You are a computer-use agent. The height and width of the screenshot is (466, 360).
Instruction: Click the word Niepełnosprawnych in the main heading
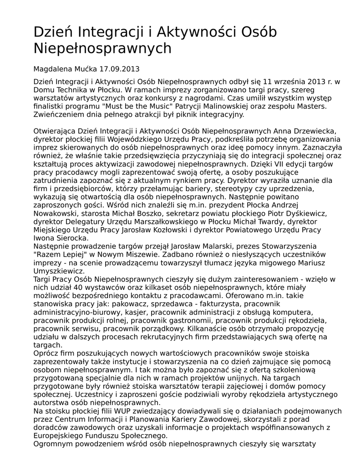click(102, 48)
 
